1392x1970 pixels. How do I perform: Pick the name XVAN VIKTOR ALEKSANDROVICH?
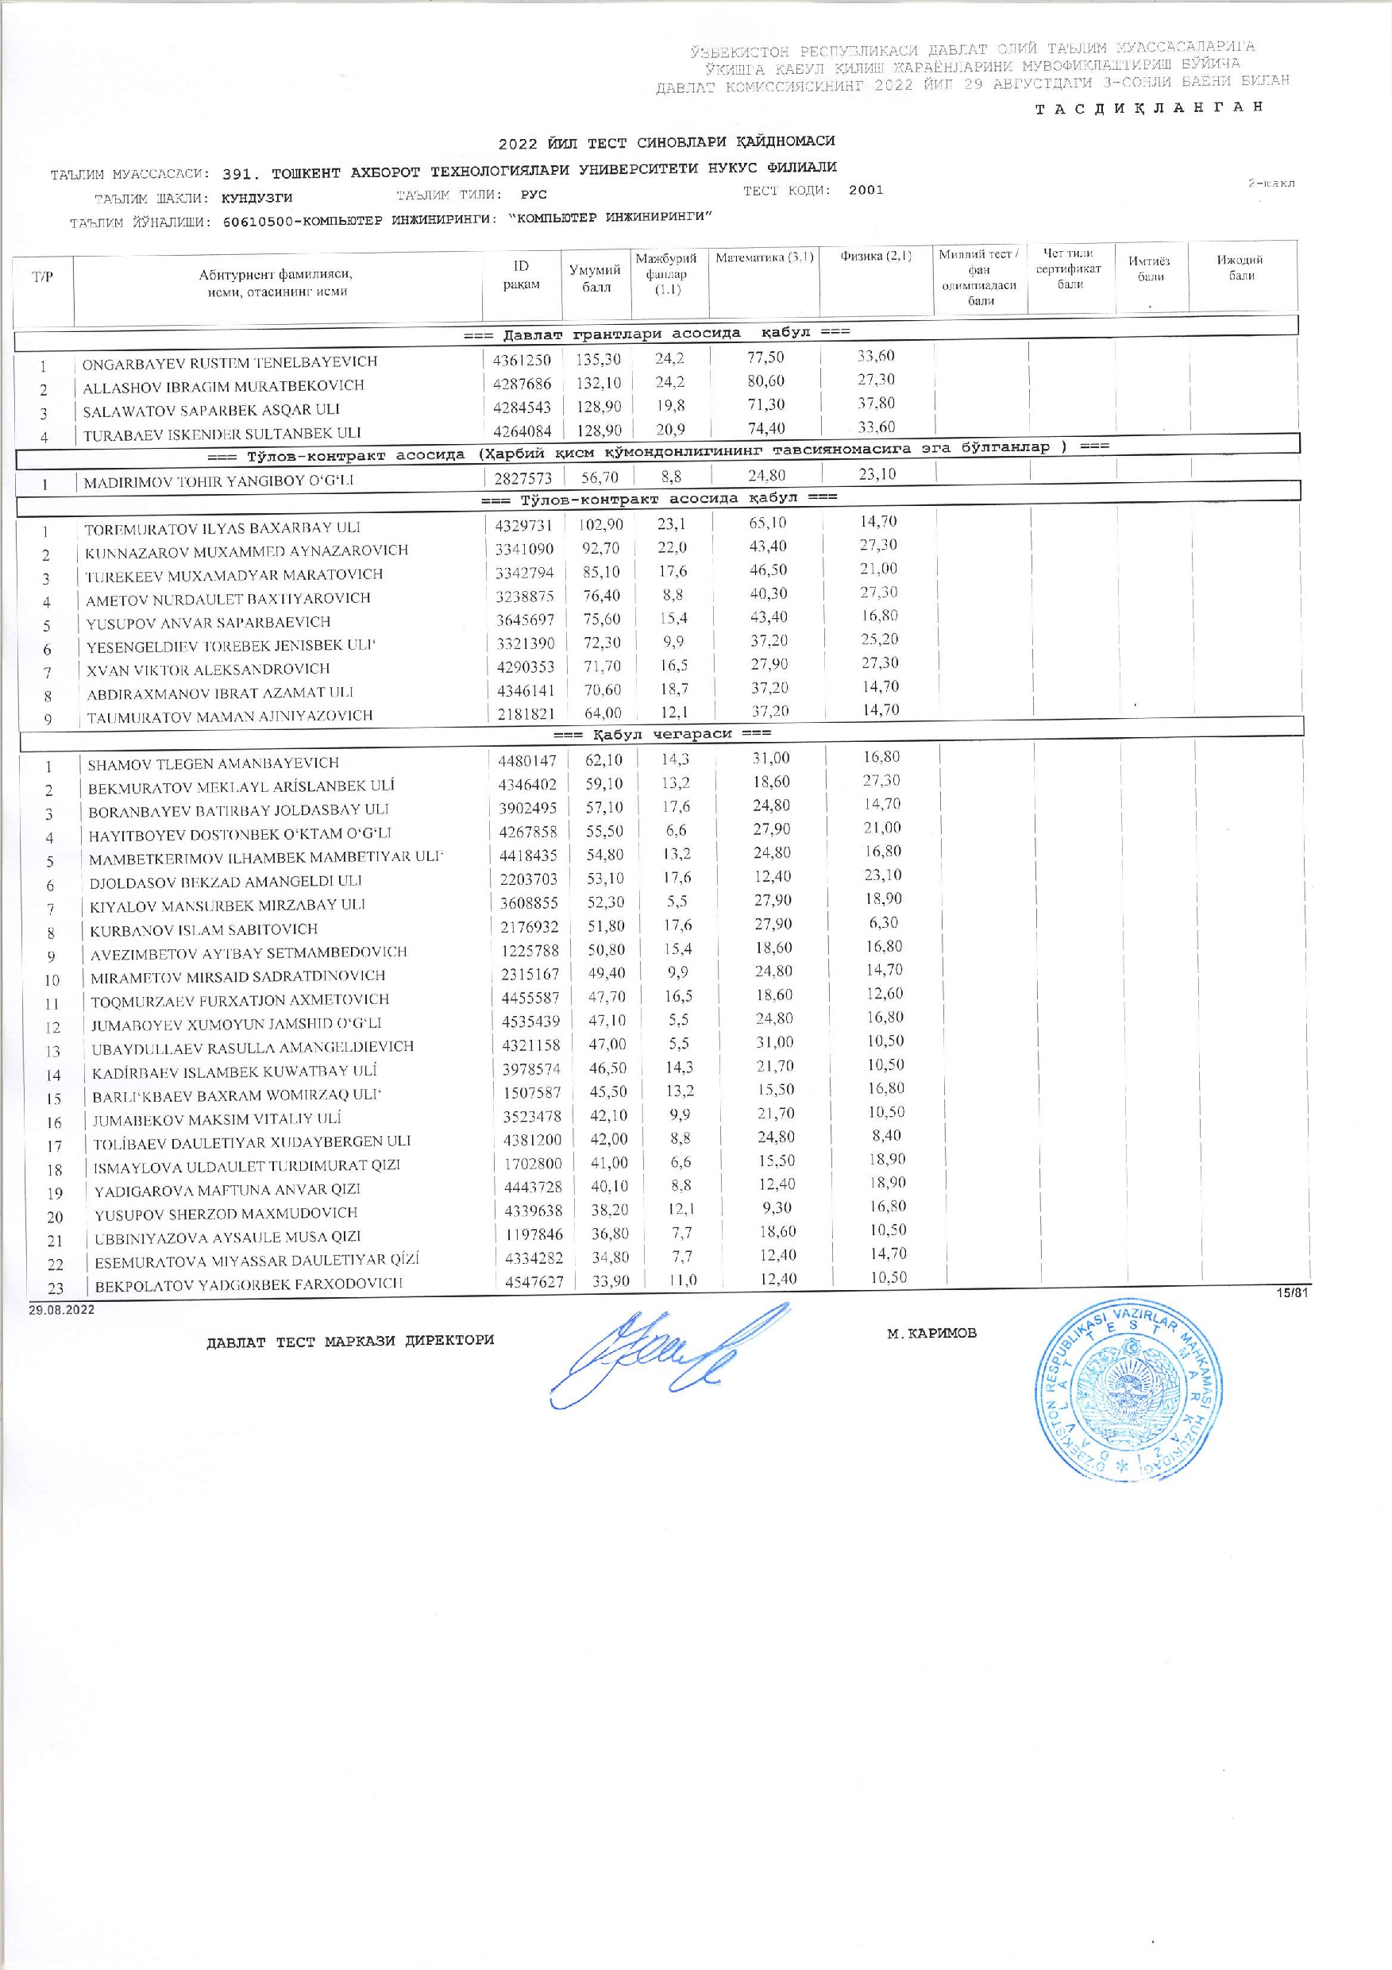click(207, 668)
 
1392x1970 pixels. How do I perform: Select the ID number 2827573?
click(523, 477)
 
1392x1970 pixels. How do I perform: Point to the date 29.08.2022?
click(61, 1311)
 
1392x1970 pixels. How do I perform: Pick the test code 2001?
click(866, 191)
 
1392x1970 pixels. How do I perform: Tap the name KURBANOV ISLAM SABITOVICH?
click(204, 929)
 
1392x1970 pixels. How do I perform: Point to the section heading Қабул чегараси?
click(662, 734)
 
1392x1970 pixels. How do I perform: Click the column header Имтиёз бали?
click(1151, 268)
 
